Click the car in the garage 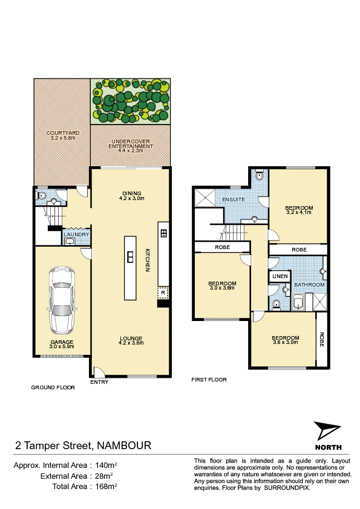[62, 300]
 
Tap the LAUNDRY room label [76, 235]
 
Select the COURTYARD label [63, 133]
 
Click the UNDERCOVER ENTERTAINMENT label [131, 144]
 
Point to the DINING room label [131, 193]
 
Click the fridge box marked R [163, 293]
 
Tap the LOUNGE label [131, 339]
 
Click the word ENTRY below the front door [99, 382]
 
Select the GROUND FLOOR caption [53, 387]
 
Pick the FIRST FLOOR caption [209, 380]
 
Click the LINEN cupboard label [280, 276]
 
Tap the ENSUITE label [234, 199]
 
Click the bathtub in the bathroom [298, 302]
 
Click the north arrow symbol [326, 431]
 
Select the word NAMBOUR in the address [124, 446]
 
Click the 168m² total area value [106, 486]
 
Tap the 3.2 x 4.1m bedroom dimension [299, 212]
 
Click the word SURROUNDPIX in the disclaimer [287, 488]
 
